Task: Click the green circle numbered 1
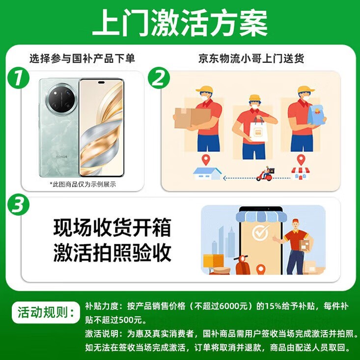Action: coord(18,78)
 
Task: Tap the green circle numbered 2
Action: coord(159,78)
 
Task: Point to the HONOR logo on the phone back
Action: coord(62,157)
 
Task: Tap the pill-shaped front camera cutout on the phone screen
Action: coord(101,83)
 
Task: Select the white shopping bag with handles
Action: coord(258,130)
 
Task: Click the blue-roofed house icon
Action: coord(207,173)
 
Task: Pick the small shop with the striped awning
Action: coord(300,173)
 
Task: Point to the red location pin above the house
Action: coord(206,160)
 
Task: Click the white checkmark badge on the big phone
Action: coord(261,233)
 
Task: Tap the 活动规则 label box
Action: coord(46,312)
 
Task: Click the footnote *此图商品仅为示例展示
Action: coord(83,184)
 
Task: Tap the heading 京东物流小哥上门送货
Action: coord(251,58)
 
